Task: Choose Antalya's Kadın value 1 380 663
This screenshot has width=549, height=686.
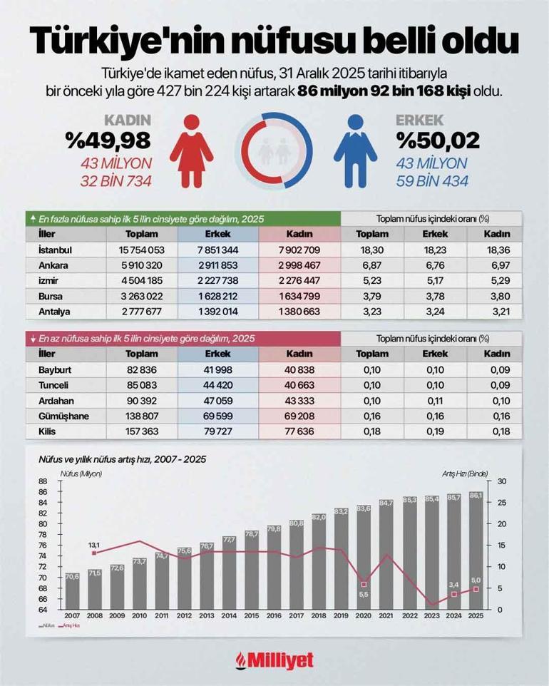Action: click(x=299, y=312)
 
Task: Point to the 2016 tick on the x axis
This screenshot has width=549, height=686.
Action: click(x=274, y=615)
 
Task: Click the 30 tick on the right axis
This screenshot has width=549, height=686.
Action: click(x=501, y=481)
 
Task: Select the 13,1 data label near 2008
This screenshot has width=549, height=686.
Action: click(x=94, y=546)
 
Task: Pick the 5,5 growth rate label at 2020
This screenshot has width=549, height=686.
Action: click(x=364, y=595)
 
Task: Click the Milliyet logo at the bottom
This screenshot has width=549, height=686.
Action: click(x=274, y=660)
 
